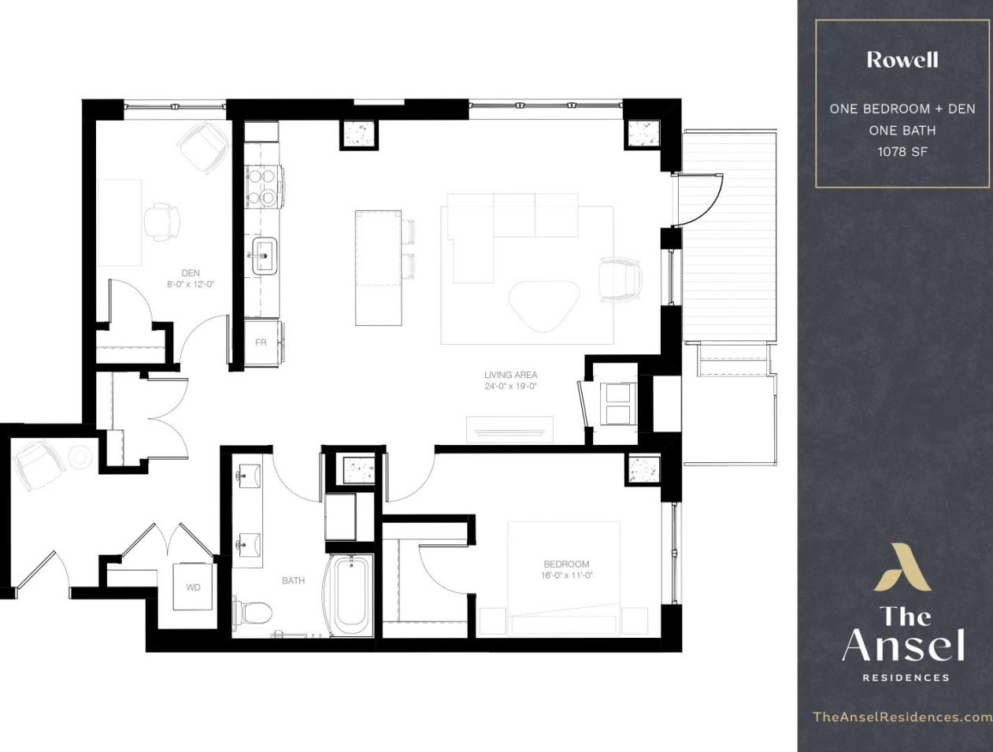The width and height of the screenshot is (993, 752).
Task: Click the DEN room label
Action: click(x=190, y=273)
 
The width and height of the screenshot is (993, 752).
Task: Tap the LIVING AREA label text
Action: click(x=510, y=375)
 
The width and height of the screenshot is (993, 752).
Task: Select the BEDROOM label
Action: click(x=566, y=564)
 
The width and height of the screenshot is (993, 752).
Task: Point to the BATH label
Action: click(x=293, y=581)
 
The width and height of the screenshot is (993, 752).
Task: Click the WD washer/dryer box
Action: click(x=193, y=587)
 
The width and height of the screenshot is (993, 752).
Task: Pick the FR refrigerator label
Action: click(x=261, y=343)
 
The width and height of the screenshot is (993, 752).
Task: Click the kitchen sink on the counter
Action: click(x=264, y=254)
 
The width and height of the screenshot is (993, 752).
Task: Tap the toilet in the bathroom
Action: click(x=254, y=611)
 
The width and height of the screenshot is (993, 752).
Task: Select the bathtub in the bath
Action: click(x=351, y=596)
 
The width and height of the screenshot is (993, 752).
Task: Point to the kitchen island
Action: click(x=378, y=268)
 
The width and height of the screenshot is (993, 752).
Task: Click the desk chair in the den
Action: click(x=161, y=222)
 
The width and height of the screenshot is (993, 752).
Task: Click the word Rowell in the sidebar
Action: click(x=902, y=60)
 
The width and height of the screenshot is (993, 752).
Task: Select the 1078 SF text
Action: click(x=902, y=151)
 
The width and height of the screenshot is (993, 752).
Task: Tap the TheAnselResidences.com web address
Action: click(x=902, y=717)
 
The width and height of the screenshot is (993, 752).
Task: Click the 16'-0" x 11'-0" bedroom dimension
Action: click(x=566, y=576)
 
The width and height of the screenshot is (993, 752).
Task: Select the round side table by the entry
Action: click(x=80, y=457)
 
